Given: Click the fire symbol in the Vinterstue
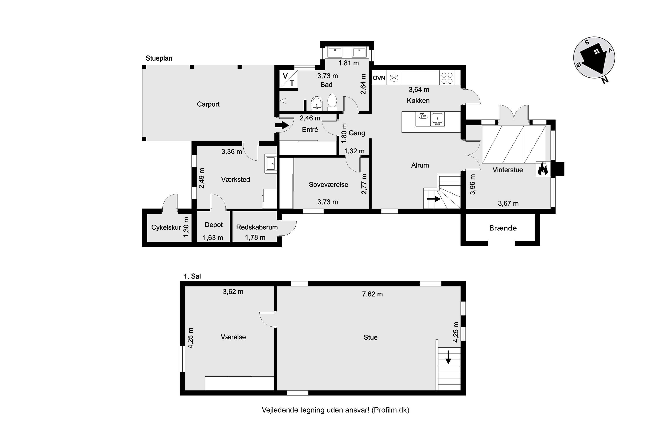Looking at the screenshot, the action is coord(543,169).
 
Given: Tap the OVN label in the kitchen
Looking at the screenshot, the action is coord(379,78).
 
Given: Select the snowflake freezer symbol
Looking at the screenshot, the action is coord(394,78).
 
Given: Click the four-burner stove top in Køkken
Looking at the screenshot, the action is coord(447,78).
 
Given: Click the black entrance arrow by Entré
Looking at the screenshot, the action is coord(282,125).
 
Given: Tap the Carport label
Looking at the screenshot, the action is coord(208,104).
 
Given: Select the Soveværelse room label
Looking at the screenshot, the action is coord(328,184).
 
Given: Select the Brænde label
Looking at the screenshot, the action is coord(503,228).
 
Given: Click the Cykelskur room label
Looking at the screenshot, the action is coord(166,227).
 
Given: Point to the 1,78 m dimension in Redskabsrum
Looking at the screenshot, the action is coord(255,238).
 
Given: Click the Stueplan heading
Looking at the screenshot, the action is coord(159,58).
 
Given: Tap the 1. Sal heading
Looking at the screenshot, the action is coord(192,276).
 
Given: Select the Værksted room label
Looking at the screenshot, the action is coord(236,179).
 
